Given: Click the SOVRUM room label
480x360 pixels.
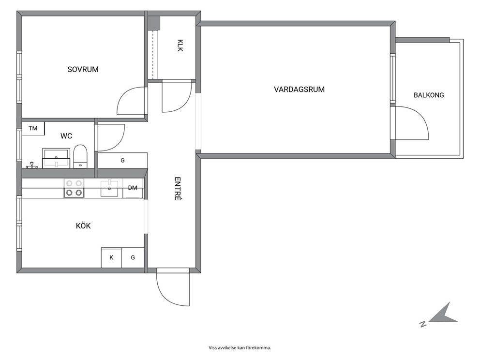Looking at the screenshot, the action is tap(83, 70).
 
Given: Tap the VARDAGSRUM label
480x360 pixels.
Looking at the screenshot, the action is tap(299, 90).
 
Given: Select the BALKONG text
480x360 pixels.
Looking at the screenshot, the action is tap(429, 95).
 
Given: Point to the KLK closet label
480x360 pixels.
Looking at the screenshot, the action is tap(180, 45).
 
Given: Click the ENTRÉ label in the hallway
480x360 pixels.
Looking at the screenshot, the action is tap(178, 189).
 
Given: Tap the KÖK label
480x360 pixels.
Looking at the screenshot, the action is tap(83, 226).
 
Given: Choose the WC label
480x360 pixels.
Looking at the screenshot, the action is tap(66, 136).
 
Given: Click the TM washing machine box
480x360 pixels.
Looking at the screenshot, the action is tap(33, 128).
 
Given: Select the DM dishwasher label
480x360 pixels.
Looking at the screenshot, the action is tap(133, 188).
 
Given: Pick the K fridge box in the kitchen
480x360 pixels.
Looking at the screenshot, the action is tap(111, 257).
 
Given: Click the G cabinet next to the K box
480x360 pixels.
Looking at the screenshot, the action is tap(133, 257).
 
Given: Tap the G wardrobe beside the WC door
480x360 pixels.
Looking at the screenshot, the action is tap(123, 161).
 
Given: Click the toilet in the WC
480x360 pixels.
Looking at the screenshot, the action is tap(80, 156).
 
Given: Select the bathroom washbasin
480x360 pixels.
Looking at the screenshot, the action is tap(56, 158).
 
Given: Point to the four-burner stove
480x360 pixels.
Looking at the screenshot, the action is tap(74, 188).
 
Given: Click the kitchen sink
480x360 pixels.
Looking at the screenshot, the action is tap(109, 188).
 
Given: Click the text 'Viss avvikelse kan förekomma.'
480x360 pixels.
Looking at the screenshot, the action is tap(240, 348).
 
